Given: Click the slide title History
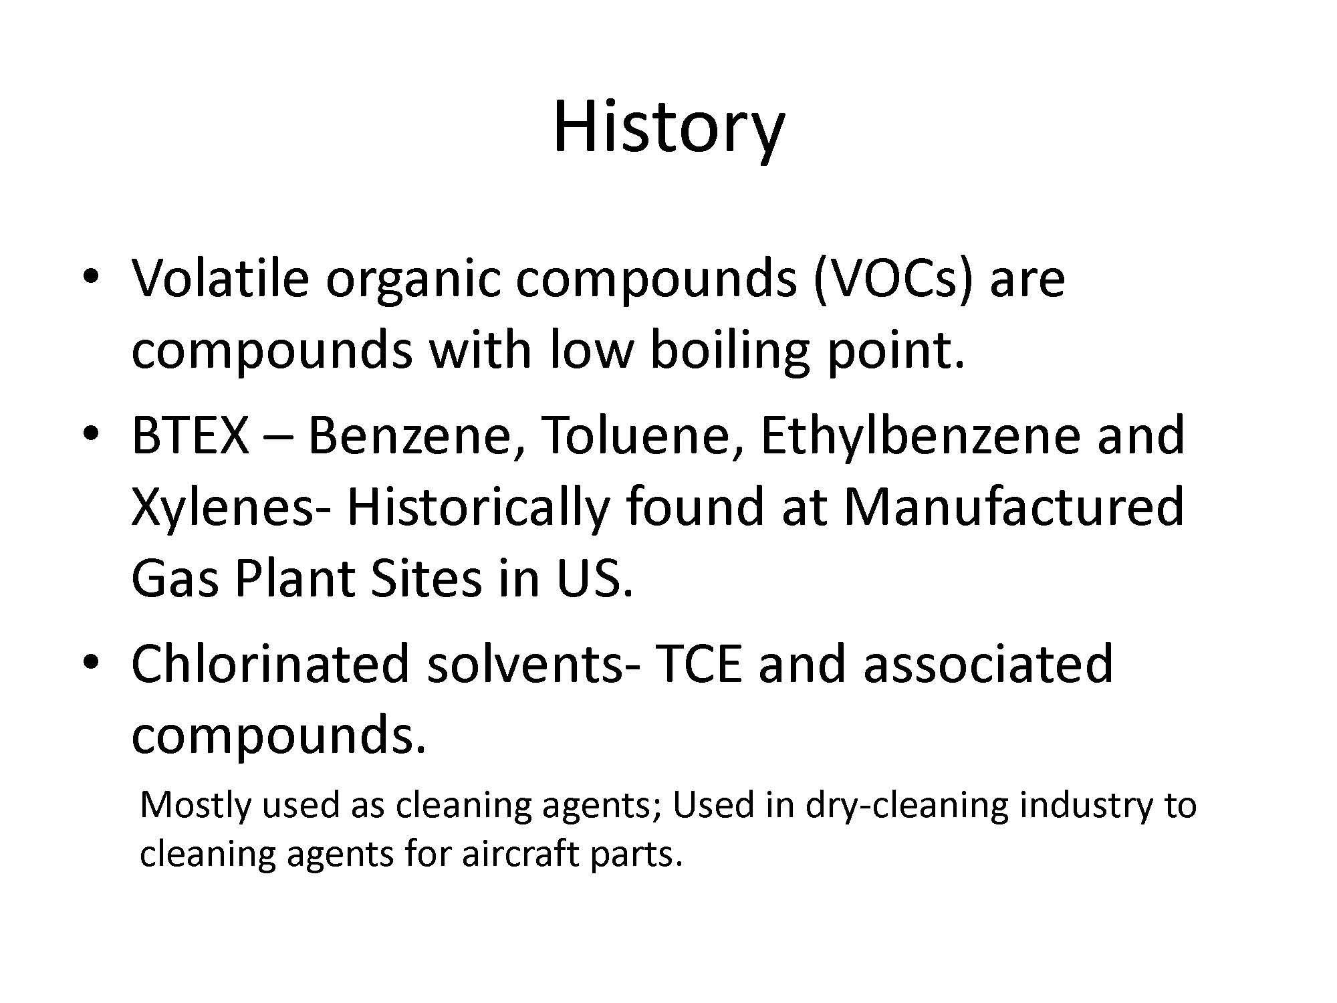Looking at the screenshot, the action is click(668, 127).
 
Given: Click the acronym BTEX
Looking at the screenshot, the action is click(190, 435).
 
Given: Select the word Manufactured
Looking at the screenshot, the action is click(1014, 506).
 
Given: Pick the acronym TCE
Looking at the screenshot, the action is click(699, 663).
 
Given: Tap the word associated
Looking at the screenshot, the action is click(988, 663).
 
